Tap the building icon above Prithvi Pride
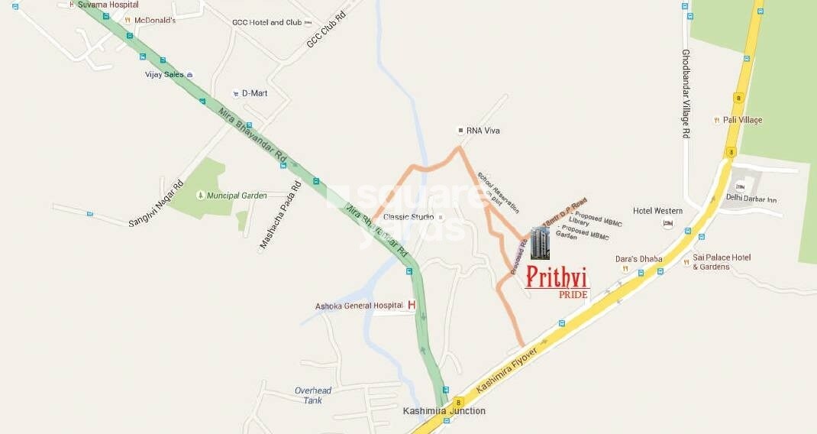point(540,243)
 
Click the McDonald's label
point(155,21)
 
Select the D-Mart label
point(254,93)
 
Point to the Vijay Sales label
point(165,75)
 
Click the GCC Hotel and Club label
point(267,22)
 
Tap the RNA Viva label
point(483,131)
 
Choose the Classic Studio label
point(408,217)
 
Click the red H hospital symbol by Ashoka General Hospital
point(412,306)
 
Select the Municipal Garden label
point(237,196)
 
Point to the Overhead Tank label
point(313,396)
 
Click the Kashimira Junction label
point(444,411)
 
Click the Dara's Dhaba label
point(638,259)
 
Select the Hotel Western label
point(657,211)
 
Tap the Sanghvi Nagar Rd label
point(157,202)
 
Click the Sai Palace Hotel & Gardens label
point(722,262)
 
